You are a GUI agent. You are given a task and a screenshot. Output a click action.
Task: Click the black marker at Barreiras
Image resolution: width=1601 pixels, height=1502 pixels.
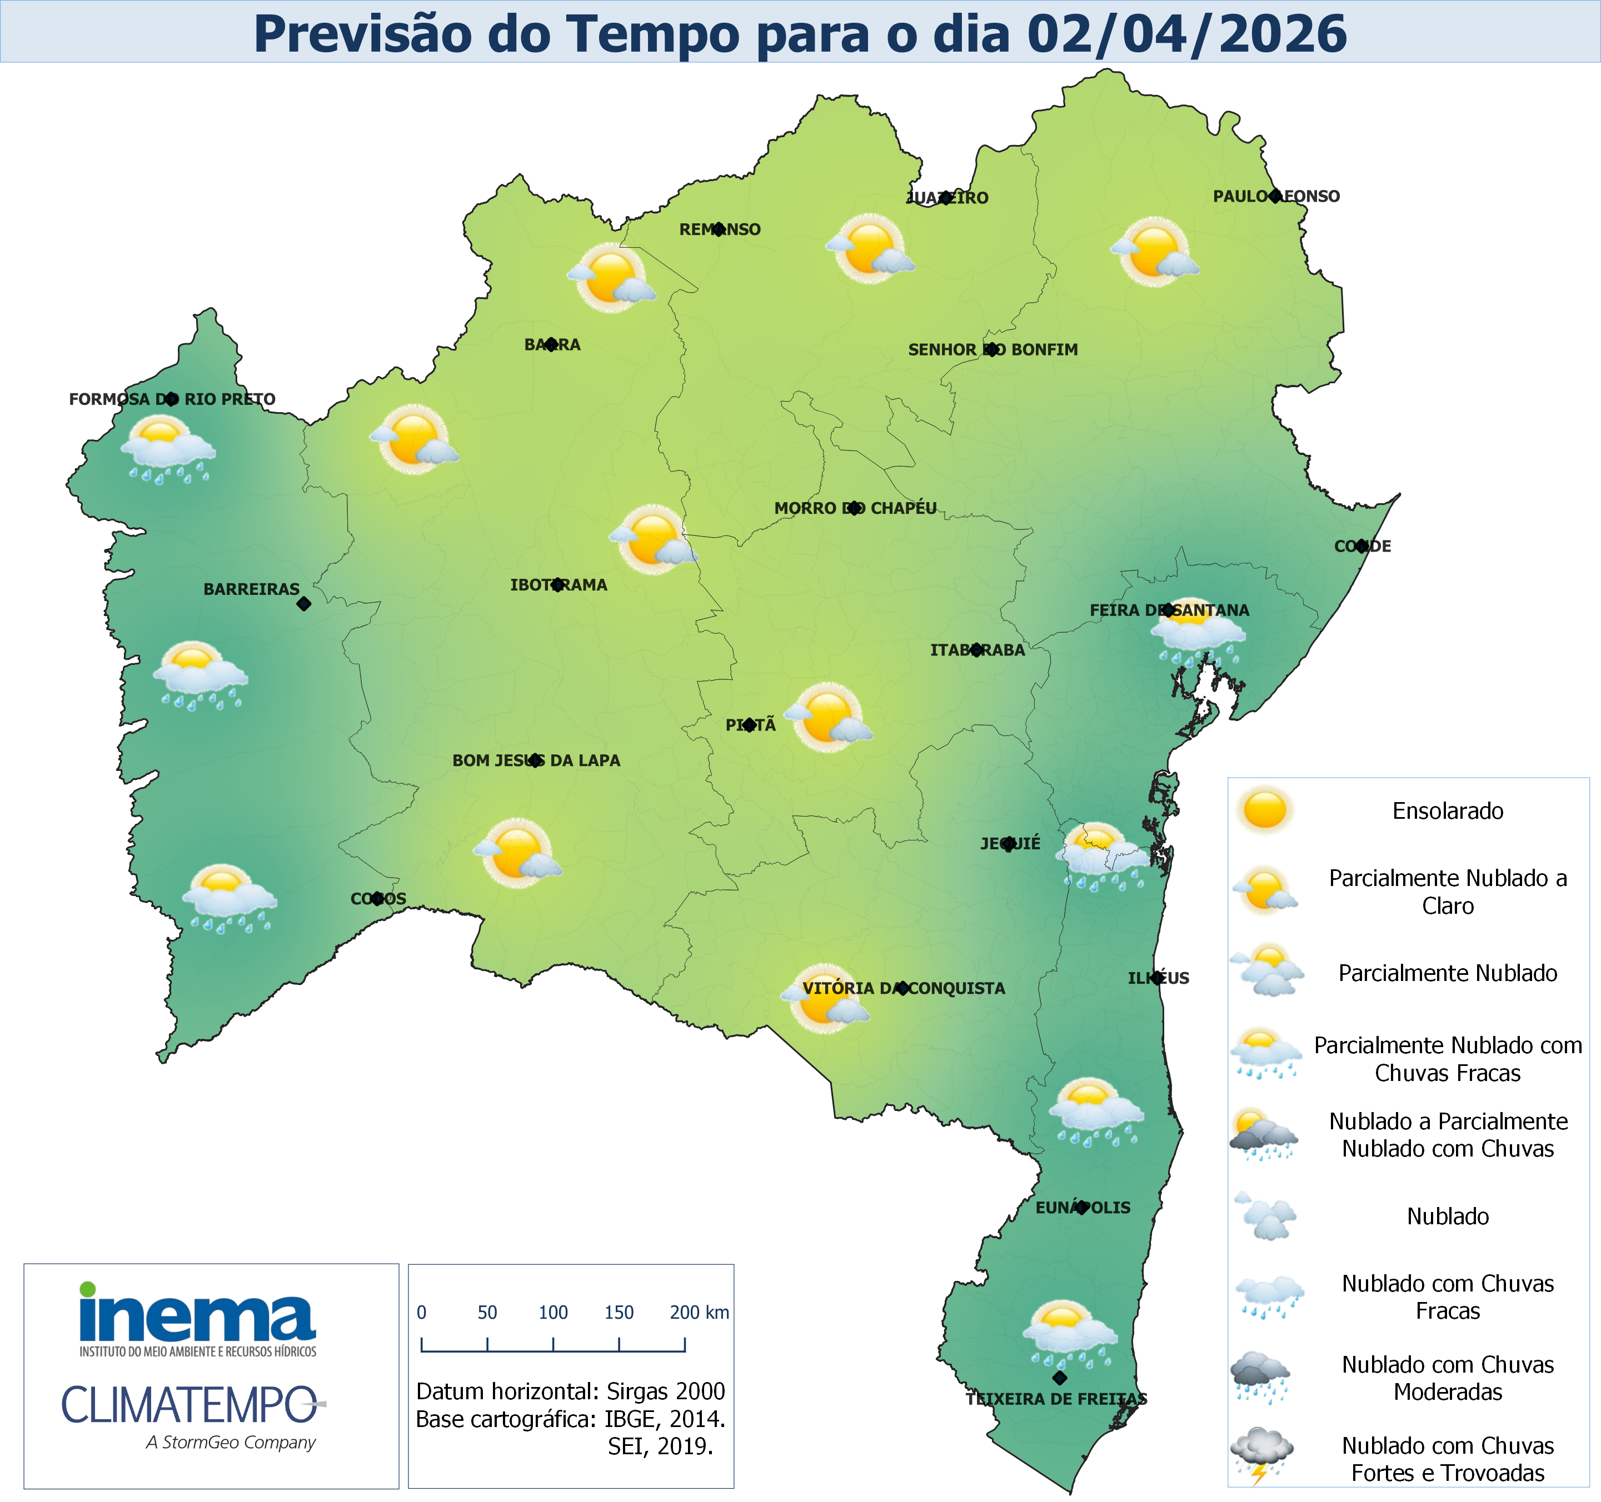(303, 604)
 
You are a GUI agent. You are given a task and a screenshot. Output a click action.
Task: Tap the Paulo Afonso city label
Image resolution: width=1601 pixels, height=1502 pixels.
(1276, 197)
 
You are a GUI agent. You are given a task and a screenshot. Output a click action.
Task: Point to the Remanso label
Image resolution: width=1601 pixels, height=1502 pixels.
(719, 229)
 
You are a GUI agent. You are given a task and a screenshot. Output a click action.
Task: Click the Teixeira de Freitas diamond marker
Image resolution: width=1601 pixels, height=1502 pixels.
(1060, 1378)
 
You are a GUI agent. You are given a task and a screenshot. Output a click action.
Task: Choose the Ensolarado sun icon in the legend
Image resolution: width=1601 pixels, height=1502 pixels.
(1264, 810)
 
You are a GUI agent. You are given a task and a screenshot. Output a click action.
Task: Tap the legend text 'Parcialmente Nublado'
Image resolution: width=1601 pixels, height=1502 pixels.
(1447, 973)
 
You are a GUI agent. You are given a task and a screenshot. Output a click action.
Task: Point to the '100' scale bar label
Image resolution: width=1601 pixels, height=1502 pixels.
(553, 1313)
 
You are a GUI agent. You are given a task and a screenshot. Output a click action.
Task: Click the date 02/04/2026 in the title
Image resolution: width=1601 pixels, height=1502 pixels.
(1186, 34)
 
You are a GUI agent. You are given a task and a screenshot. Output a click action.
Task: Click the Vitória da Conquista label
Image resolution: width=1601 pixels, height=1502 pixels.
(904, 988)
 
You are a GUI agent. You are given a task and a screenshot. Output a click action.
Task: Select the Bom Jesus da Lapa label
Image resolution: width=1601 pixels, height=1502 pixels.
(536, 760)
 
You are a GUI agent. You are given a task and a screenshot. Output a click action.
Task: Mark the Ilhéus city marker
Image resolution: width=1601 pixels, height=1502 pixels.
(1157, 978)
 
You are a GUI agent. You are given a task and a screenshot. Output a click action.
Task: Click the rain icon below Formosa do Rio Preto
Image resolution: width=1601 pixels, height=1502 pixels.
(168, 450)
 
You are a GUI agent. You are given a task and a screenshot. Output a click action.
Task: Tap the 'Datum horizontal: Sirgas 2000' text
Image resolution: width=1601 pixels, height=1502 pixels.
(570, 1391)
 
